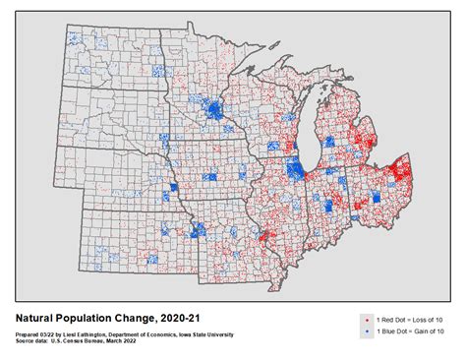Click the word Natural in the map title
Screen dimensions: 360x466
(38, 318)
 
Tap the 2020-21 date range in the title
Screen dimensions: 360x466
(176, 318)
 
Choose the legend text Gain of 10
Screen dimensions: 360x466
(425, 332)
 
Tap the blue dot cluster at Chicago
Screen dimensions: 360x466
(295, 169)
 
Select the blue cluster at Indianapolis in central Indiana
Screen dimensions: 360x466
(325, 208)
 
